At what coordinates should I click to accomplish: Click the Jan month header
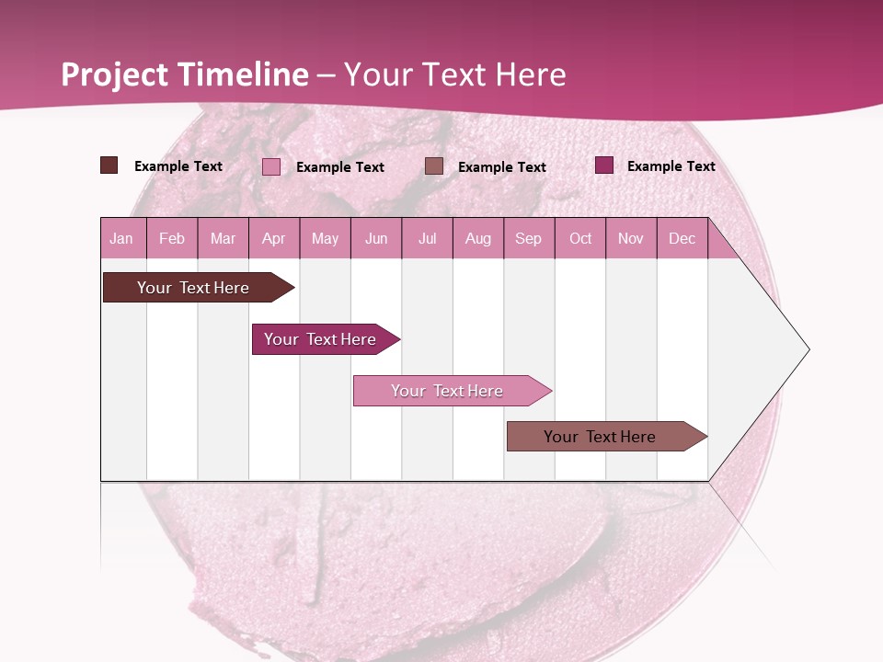(x=121, y=238)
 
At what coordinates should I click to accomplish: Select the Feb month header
(x=172, y=238)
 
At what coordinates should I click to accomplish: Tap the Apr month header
(x=273, y=238)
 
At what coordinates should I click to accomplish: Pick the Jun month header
(x=376, y=238)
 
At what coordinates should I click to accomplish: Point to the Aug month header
(x=477, y=238)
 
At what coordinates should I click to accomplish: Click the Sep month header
(x=528, y=238)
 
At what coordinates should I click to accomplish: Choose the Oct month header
(x=580, y=238)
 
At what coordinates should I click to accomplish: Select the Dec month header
(x=682, y=238)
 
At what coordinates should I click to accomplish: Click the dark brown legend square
(x=109, y=165)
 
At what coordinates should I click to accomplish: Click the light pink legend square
(x=271, y=166)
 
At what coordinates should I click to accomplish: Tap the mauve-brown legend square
(x=434, y=165)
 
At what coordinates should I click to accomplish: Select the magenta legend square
(x=604, y=165)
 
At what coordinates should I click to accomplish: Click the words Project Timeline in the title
(x=184, y=74)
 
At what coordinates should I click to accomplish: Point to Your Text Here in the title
(x=454, y=74)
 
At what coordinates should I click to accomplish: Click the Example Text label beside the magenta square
(x=671, y=166)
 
